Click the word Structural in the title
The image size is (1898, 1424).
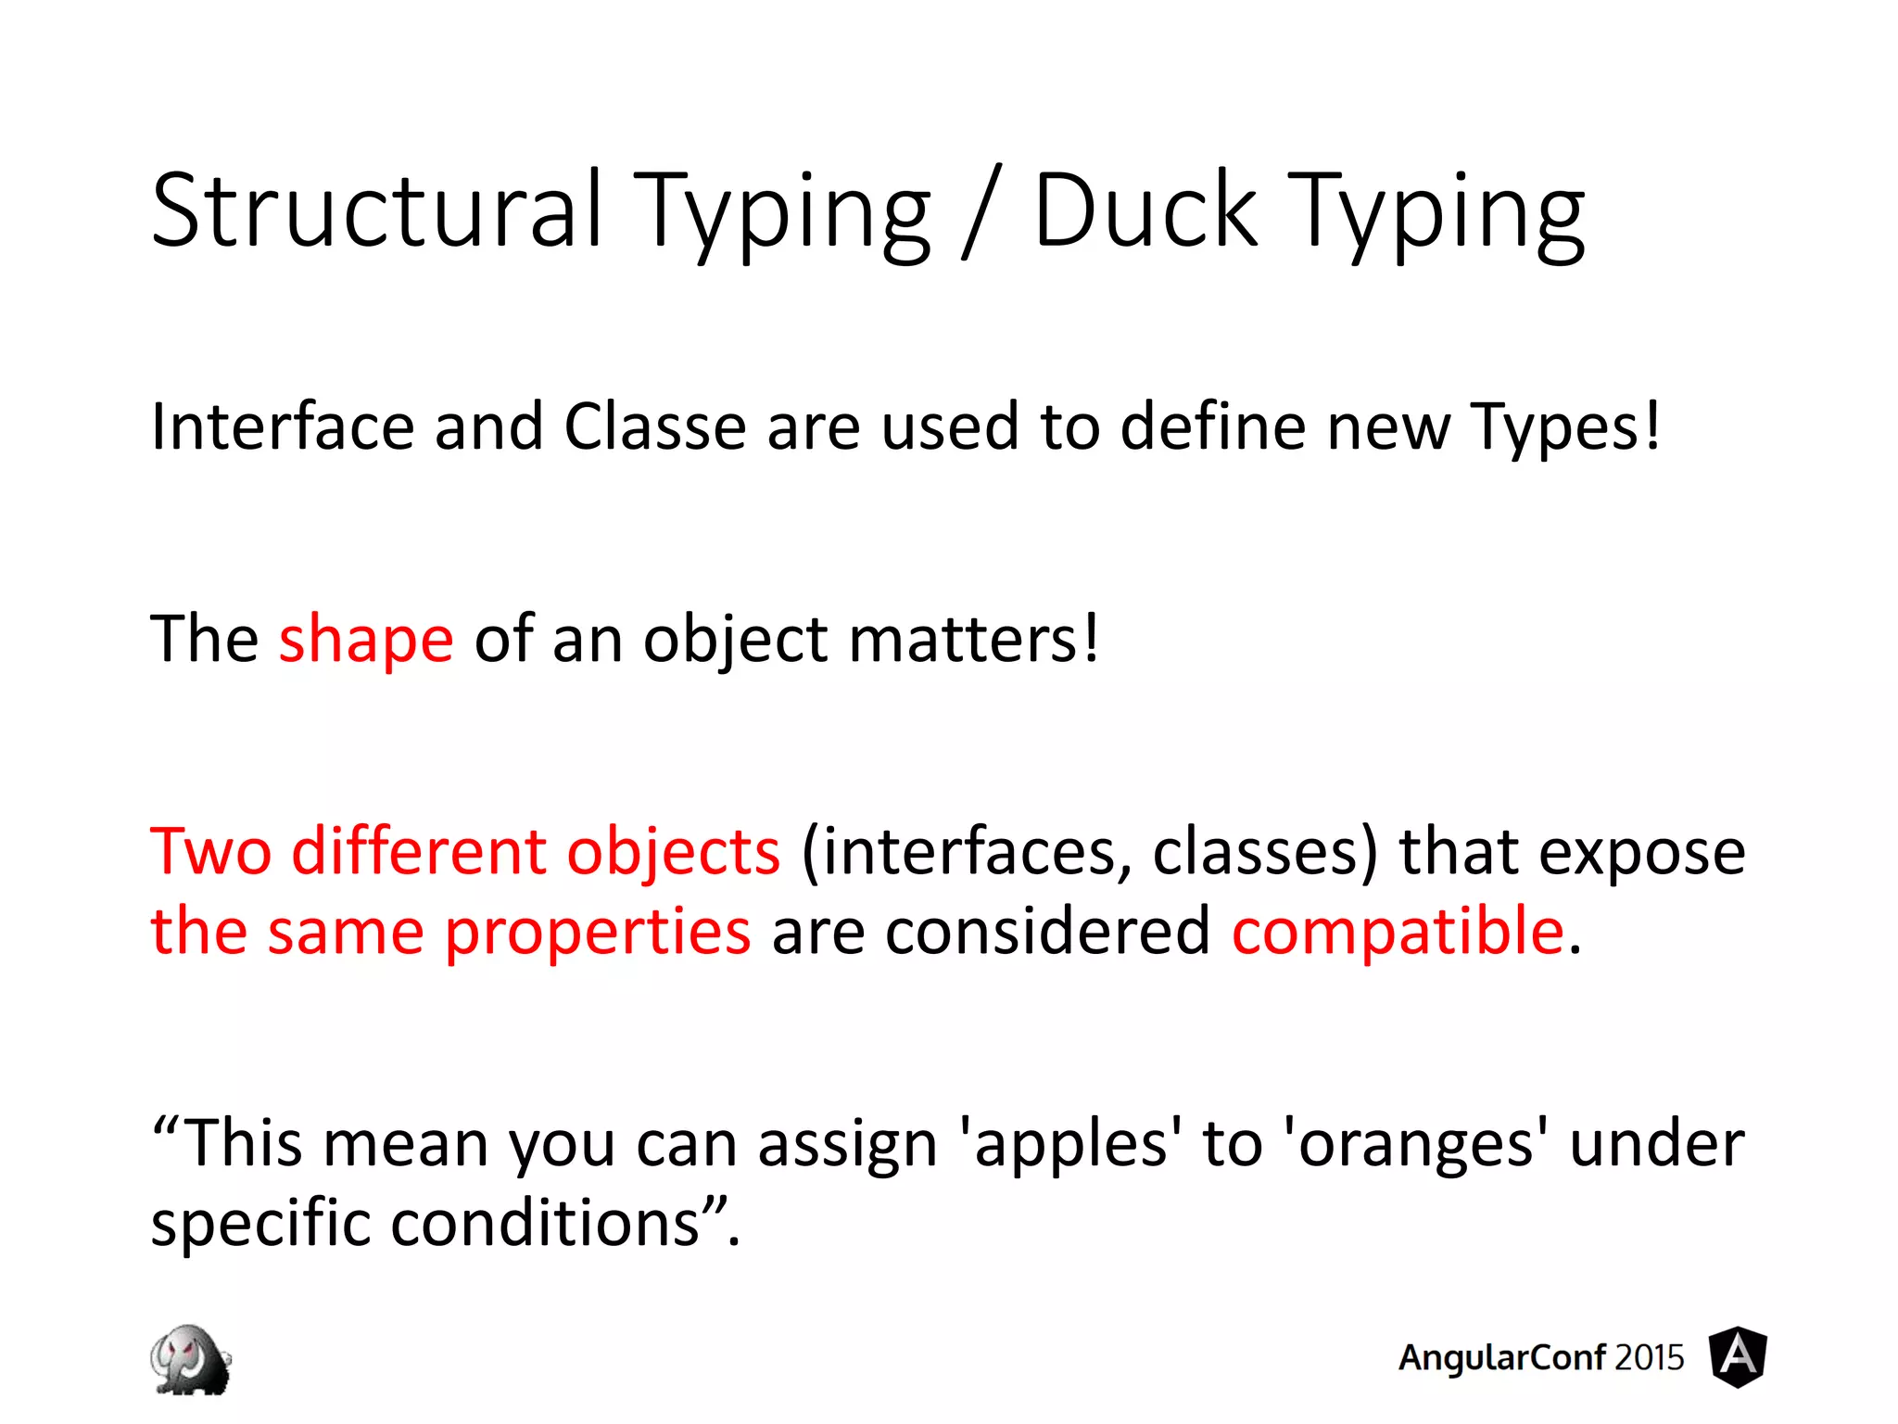click(377, 211)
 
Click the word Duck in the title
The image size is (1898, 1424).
click(1145, 211)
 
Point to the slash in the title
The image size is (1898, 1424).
click(981, 213)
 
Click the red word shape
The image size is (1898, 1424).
click(366, 640)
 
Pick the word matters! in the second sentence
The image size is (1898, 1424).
click(974, 640)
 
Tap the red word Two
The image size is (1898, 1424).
click(210, 851)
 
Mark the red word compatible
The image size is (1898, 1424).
click(1398, 931)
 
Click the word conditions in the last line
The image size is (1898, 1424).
click(545, 1224)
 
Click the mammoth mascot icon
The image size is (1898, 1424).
click(191, 1359)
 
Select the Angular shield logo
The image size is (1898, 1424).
click(1738, 1357)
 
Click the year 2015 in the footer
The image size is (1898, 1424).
click(1649, 1358)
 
